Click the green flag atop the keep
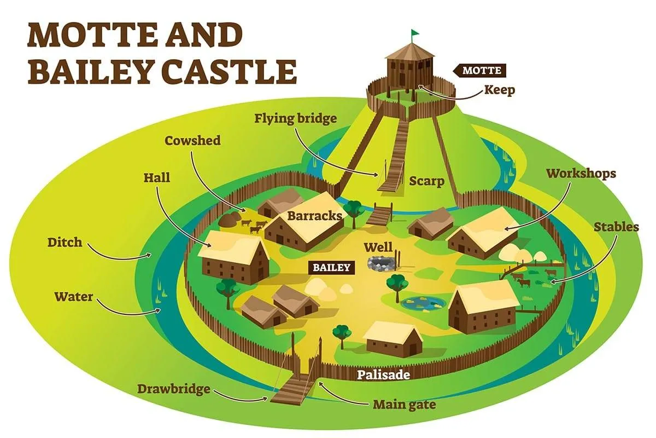pos(416,32)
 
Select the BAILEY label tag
pos(331,267)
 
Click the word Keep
pos(499,90)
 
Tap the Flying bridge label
pos(295,118)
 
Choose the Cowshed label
pos(193,141)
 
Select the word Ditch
pos(65,241)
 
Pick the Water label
pos(74,297)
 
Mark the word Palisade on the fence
pos(383,375)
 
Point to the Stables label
pos(616,226)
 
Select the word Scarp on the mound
pos(426,181)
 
